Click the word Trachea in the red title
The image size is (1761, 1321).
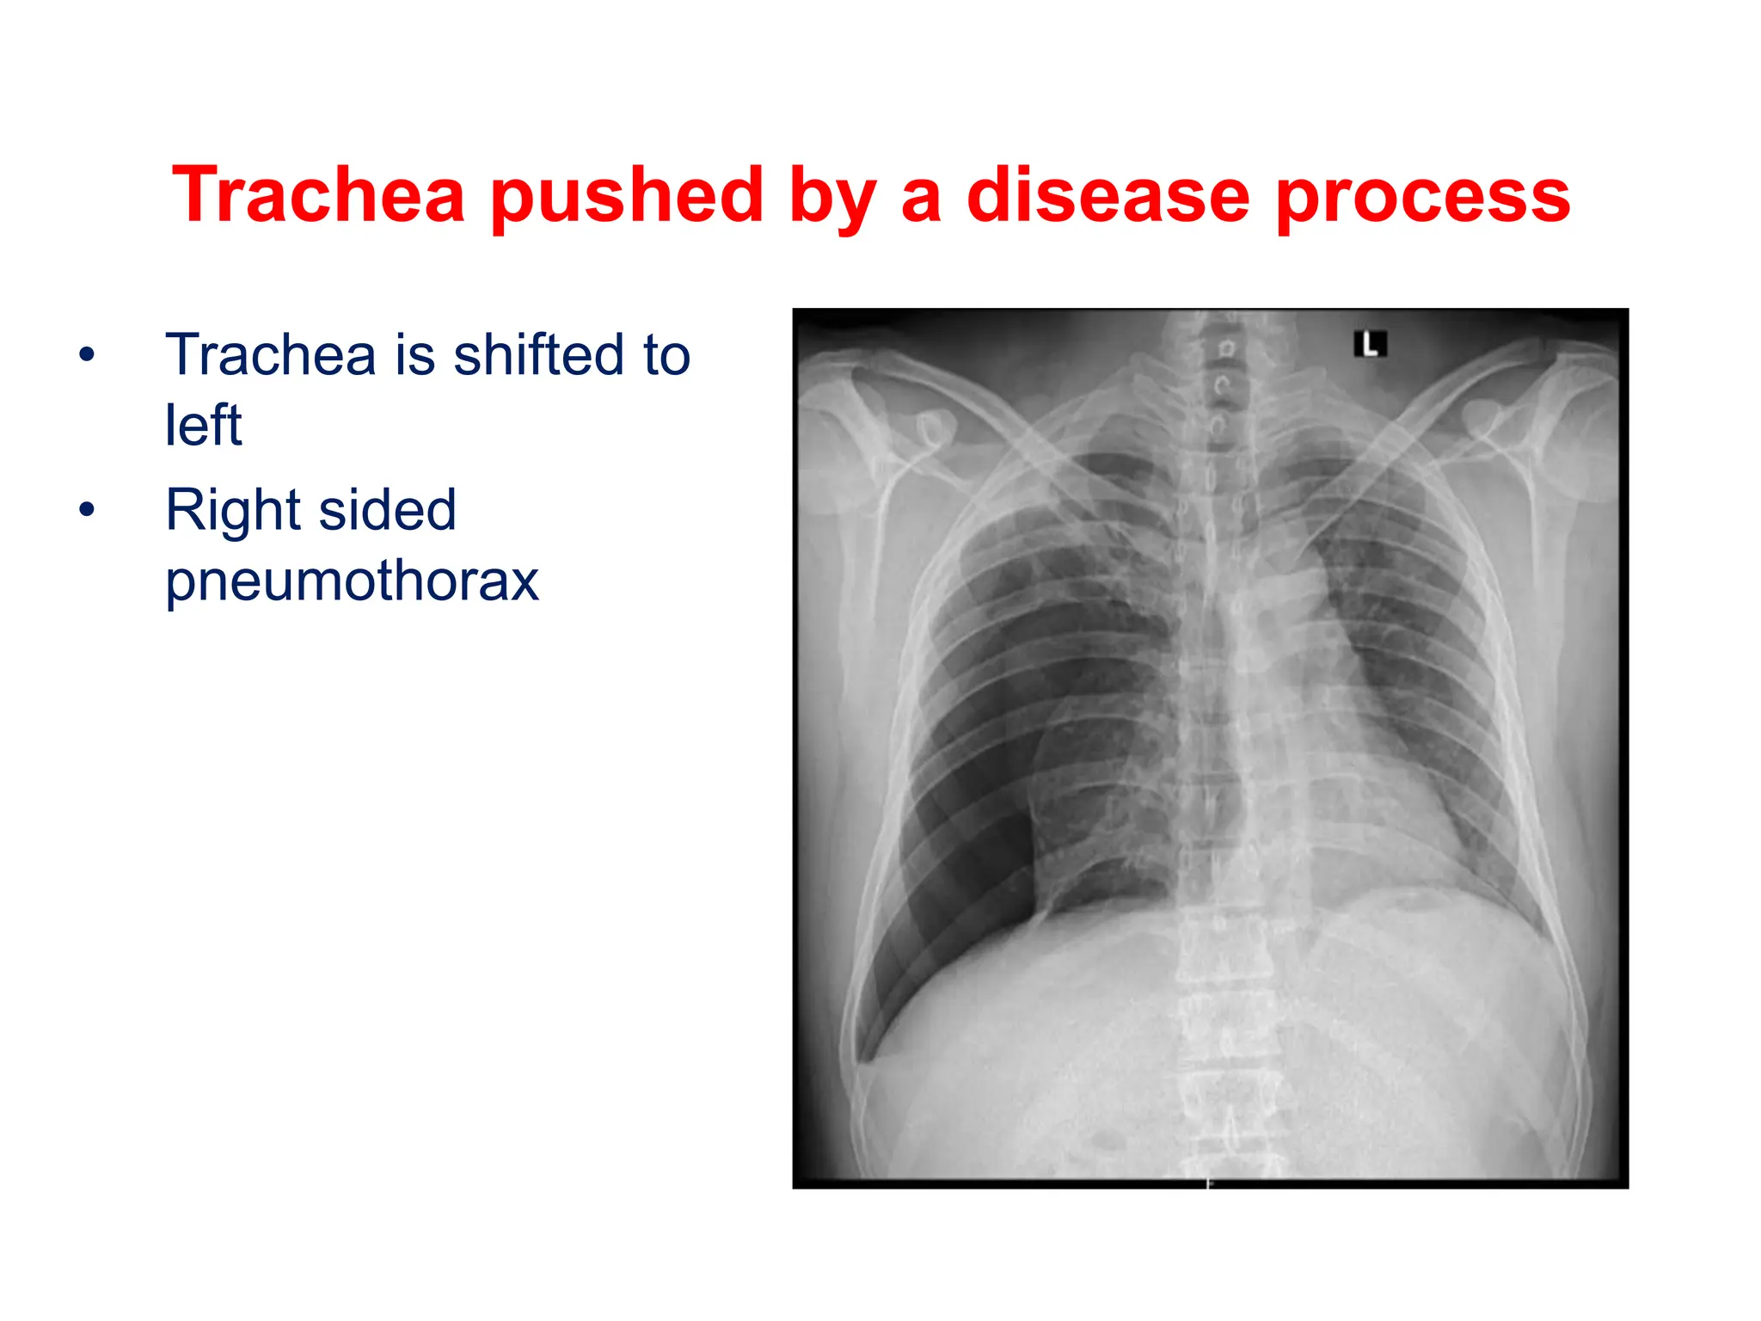[x=318, y=196]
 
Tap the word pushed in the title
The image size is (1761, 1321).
[x=627, y=196]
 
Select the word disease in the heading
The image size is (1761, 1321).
[x=1108, y=196]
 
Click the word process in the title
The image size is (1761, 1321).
[x=1423, y=196]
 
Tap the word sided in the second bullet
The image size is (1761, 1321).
[x=387, y=510]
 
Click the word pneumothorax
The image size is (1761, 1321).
[x=352, y=581]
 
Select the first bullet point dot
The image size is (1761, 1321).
[x=86, y=354]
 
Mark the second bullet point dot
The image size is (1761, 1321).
[x=86, y=510]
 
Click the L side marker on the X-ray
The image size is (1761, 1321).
[x=1370, y=345]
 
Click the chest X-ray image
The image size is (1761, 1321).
[x=1210, y=748]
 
